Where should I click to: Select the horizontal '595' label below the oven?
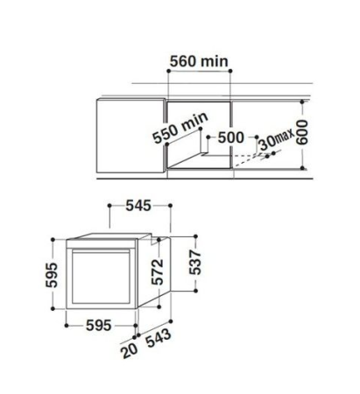(x=99, y=325)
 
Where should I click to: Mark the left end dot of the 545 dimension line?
(x=108, y=206)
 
